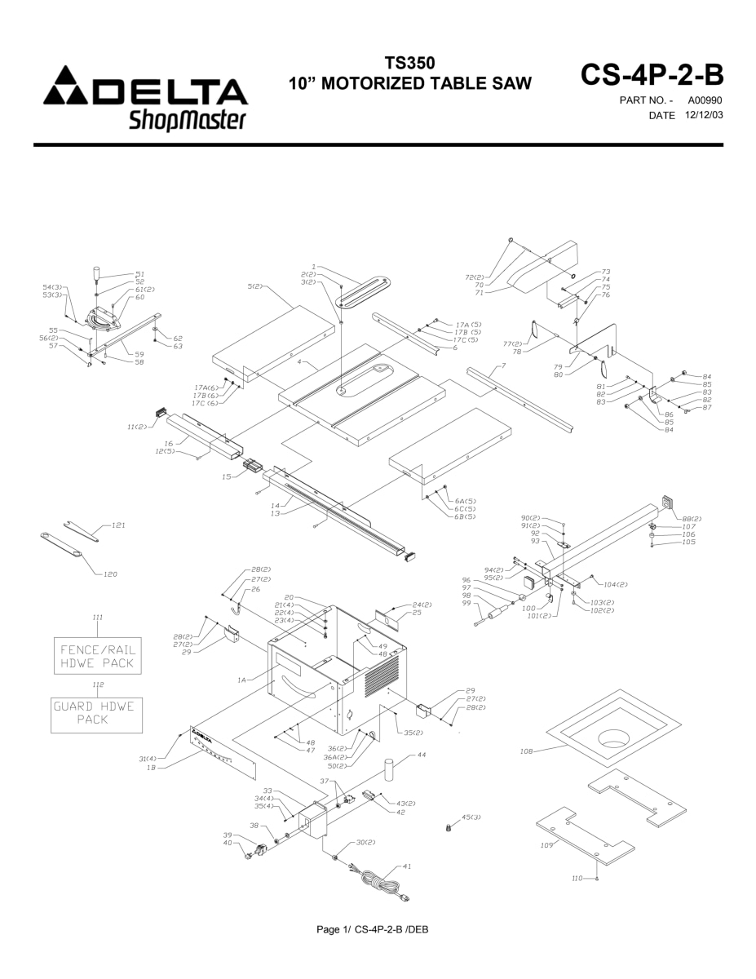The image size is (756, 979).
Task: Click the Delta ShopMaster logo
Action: [x=139, y=103]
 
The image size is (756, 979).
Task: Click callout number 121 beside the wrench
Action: [x=119, y=525]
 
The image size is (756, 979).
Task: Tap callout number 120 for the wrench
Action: [x=110, y=574]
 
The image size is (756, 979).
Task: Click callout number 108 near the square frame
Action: [x=527, y=751]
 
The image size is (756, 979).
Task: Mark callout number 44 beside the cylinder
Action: [x=421, y=755]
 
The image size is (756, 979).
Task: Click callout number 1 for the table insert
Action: [x=313, y=267]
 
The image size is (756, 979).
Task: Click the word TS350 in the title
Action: [x=412, y=64]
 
